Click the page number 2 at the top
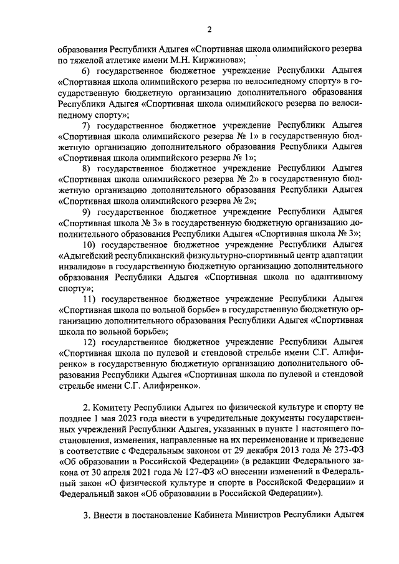[x=209, y=29]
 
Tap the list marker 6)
[x=87, y=72]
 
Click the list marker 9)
[x=87, y=211]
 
